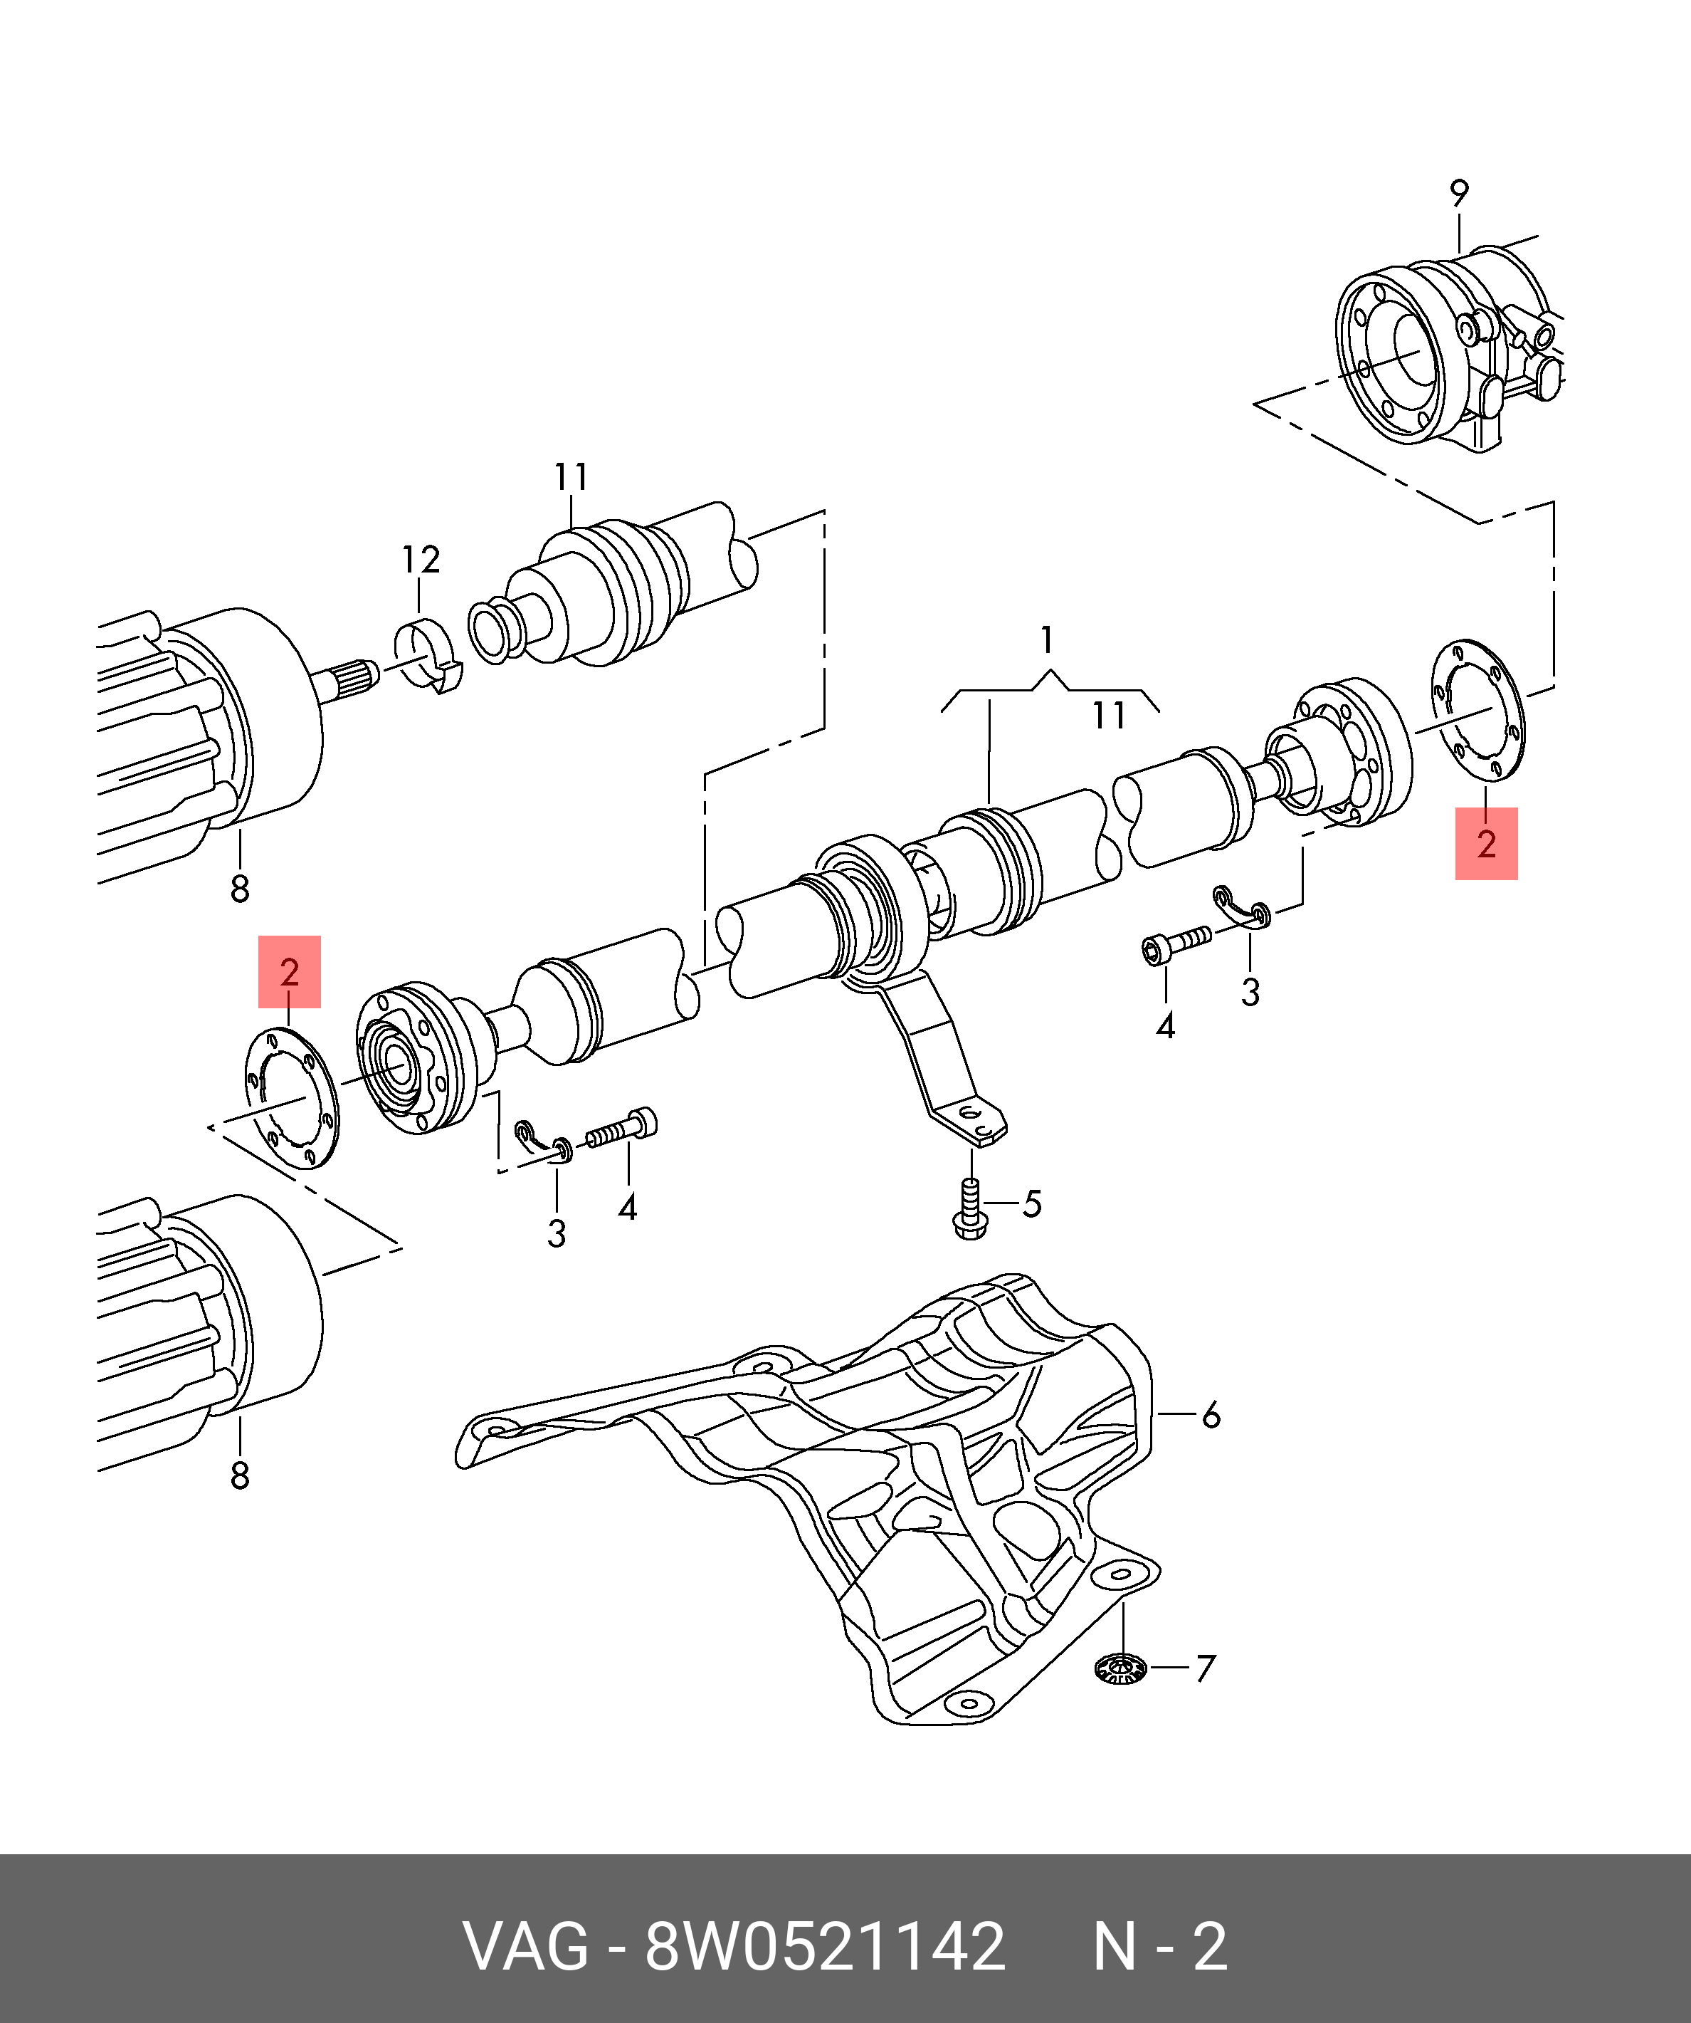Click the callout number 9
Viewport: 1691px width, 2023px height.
tap(1459, 194)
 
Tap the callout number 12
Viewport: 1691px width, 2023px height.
tap(421, 560)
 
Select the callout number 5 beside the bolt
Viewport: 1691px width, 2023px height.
tap(1031, 1204)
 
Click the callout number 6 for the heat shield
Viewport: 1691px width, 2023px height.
tap(1211, 1415)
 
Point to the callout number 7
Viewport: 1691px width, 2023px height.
tap(1206, 1668)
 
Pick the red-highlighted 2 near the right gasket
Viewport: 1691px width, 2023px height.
tap(1486, 844)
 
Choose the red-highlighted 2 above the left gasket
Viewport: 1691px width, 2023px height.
tap(289, 972)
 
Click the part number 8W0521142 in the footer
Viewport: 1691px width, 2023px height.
tap(826, 1946)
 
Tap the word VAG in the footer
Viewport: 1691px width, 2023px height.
tap(526, 1946)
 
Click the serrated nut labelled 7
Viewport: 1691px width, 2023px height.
tap(1121, 1668)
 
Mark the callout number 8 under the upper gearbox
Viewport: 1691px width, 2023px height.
tap(240, 888)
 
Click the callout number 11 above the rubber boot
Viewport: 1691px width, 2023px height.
tap(571, 477)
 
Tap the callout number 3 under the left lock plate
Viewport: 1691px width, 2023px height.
tap(557, 1233)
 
